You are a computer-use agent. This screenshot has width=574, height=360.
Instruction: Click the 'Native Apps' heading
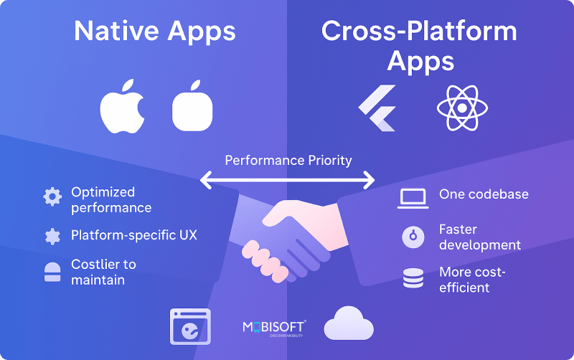pos(154,31)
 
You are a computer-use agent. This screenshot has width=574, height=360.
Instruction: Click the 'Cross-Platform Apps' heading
pos(420,45)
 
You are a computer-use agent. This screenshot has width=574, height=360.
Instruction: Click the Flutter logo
pos(377,108)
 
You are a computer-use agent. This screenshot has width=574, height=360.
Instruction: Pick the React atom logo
pos(462,108)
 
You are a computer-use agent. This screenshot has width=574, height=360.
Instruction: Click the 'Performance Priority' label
pos(288,160)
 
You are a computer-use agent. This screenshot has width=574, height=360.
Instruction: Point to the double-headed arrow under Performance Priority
pos(288,180)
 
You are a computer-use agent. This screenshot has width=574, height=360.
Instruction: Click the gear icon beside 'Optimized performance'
pos(52,197)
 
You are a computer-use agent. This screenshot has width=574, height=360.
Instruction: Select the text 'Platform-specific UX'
pos(133,235)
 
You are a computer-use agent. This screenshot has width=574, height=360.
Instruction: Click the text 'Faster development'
pos(479,237)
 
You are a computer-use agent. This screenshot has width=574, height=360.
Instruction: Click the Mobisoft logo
pos(274,328)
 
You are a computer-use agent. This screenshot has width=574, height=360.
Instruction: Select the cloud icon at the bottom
pos(349,324)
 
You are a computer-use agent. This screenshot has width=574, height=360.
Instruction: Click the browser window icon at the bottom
pos(190,327)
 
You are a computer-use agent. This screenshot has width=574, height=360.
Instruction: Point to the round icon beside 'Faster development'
pos(413,237)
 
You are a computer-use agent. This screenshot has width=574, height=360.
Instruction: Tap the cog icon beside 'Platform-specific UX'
pos(52,236)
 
